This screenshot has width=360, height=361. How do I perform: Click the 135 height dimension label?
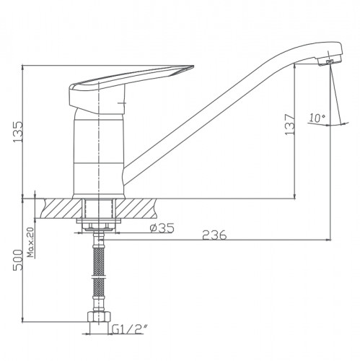click(x=18, y=131)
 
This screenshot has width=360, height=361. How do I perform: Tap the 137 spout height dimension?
click(x=289, y=124)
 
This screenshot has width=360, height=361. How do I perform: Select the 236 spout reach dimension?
click(x=214, y=235)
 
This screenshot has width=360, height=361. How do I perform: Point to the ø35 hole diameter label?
click(x=162, y=228)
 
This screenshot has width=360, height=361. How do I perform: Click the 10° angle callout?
click(x=317, y=118)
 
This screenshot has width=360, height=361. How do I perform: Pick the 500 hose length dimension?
click(x=18, y=260)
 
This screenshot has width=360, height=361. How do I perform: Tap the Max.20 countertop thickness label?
click(x=30, y=242)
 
